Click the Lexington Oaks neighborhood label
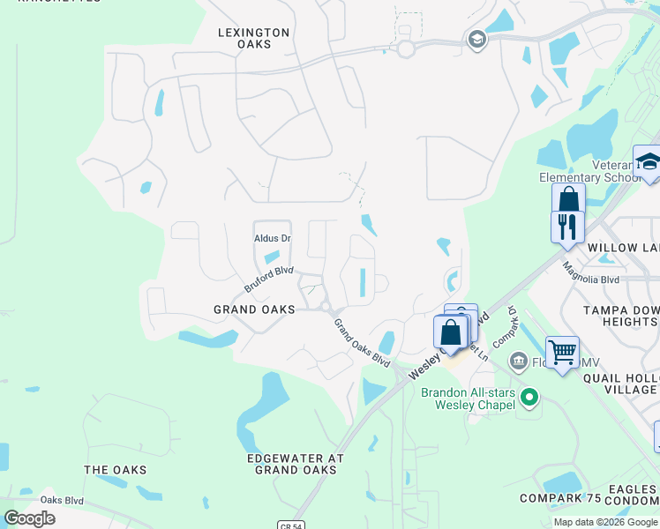[x=253, y=39]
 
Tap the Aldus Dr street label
[x=272, y=239]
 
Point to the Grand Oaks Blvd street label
[x=361, y=343]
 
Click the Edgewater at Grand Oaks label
[x=295, y=465]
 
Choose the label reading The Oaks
[x=115, y=470]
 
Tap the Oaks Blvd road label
[x=62, y=500]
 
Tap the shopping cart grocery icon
[x=562, y=353]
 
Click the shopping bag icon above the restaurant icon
[x=568, y=198]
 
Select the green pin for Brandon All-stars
[x=529, y=398]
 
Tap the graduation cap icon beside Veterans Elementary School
[x=649, y=161]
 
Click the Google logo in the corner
[x=29, y=518]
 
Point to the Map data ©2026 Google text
[x=604, y=522]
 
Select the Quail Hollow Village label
[x=621, y=384]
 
